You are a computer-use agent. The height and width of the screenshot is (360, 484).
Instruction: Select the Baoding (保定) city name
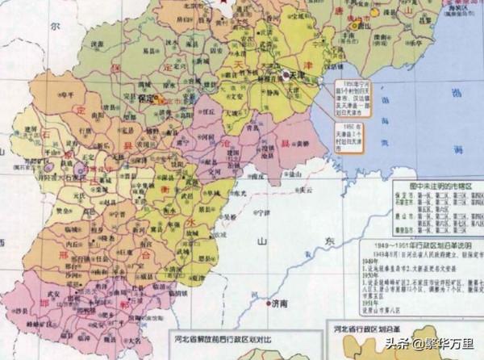tap(146, 99)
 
